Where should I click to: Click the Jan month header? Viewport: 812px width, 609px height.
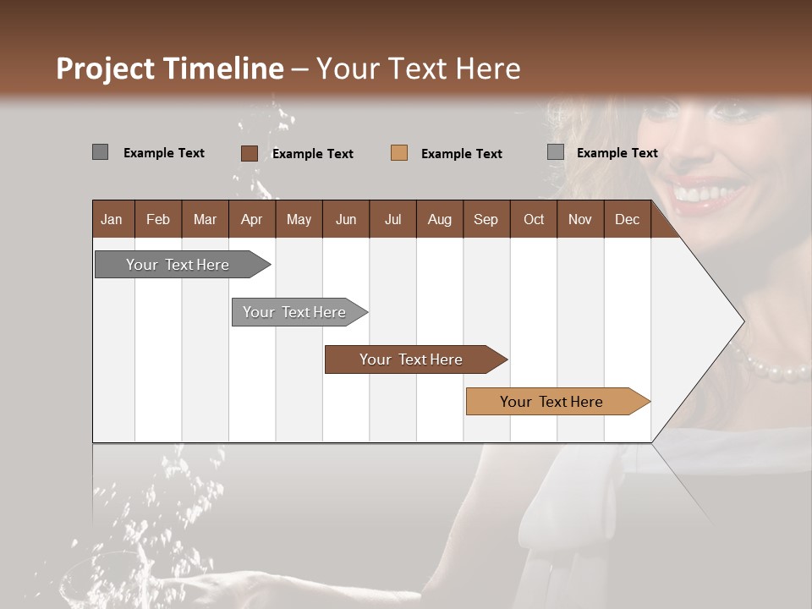pos(112,219)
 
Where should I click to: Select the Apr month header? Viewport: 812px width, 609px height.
pos(251,219)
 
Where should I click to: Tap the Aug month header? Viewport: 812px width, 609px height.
pos(439,219)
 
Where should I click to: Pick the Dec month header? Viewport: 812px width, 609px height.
pos(627,219)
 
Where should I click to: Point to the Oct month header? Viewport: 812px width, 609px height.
pos(534,219)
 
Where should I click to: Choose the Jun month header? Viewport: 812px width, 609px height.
pos(345,219)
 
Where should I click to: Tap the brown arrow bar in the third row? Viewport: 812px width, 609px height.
pos(412,359)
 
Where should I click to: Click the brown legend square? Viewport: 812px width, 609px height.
pos(249,153)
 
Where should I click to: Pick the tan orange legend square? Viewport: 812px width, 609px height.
pos(399,152)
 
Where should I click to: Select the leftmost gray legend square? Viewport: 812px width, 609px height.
pos(100,152)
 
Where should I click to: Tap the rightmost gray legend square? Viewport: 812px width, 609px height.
pos(555,152)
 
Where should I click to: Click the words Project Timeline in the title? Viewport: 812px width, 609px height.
pos(169,69)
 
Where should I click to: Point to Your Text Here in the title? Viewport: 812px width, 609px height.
pos(419,69)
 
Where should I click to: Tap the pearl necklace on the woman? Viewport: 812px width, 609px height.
pos(774,368)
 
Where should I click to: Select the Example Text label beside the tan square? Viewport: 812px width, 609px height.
pos(461,153)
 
